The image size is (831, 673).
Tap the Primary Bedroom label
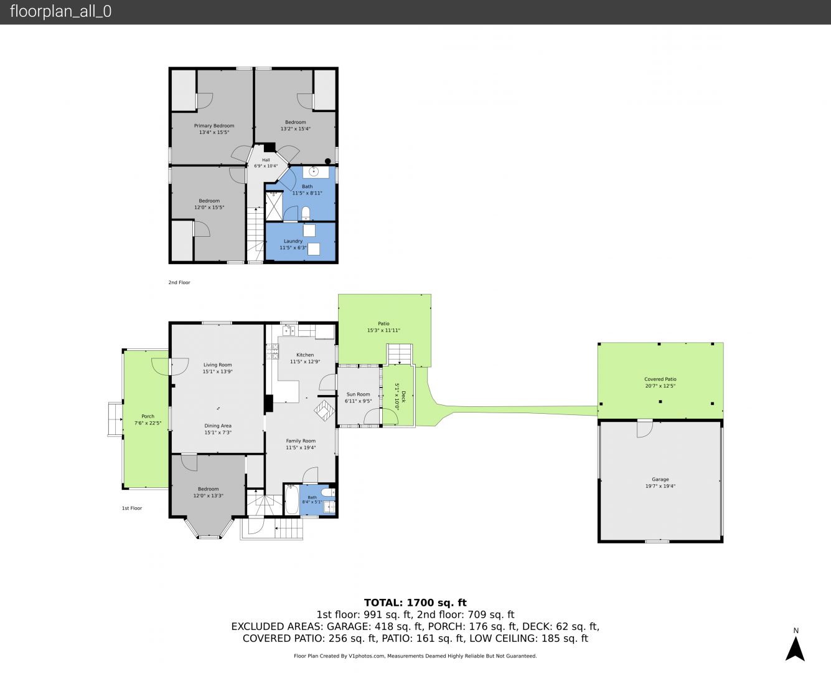(214, 126)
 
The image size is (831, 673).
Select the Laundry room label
(293, 241)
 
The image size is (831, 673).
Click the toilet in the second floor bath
(306, 213)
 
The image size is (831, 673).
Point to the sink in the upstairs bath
(314, 171)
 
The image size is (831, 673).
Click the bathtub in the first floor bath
(291, 500)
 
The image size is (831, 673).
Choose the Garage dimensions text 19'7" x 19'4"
(660, 486)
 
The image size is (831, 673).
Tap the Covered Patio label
(660, 379)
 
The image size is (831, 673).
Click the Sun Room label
(358, 394)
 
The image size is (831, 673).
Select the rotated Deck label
(404, 397)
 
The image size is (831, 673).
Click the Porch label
(148, 416)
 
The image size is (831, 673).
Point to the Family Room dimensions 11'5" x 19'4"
(301, 447)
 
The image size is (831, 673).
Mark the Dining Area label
(218, 426)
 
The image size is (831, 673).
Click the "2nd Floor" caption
(179, 282)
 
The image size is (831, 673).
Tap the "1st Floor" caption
(132, 508)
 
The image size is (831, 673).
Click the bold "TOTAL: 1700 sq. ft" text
(415, 603)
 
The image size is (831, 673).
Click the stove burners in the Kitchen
(272, 351)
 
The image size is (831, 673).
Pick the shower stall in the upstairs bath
(274, 206)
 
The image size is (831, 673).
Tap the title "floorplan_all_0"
(60, 11)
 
